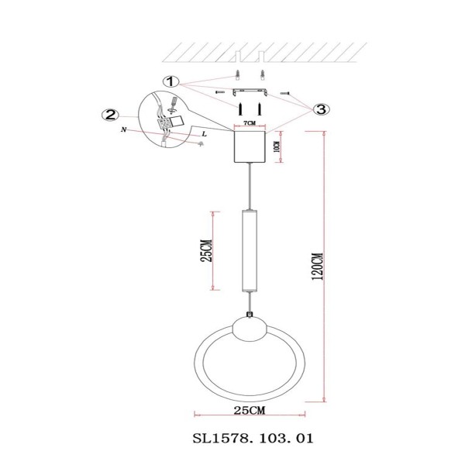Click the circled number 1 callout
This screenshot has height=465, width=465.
point(171,81)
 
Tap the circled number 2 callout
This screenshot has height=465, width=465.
point(110,115)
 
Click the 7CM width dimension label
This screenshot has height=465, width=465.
point(250,124)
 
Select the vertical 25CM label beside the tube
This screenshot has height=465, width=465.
point(207,250)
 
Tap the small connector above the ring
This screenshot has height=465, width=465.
point(249,314)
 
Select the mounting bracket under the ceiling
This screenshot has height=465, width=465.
point(250,94)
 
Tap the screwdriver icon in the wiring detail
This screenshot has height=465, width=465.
point(172,101)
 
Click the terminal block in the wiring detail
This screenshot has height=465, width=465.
point(165,121)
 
